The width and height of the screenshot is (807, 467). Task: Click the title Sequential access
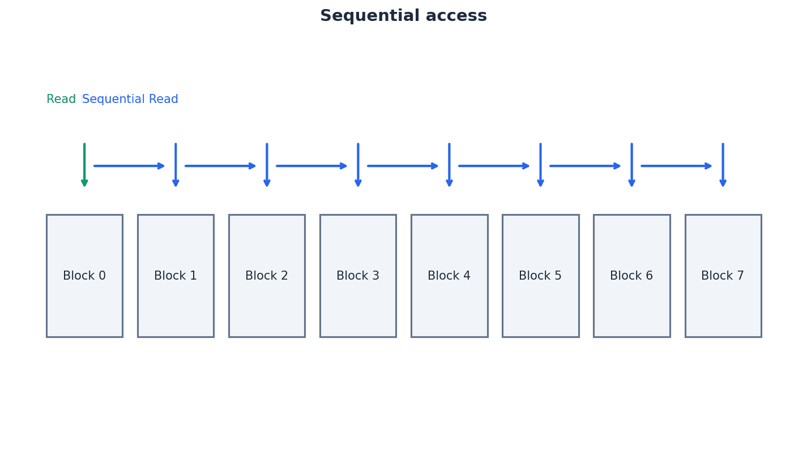(x=403, y=16)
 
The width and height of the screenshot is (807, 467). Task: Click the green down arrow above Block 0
(x=84, y=165)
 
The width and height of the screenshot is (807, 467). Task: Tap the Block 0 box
(x=84, y=276)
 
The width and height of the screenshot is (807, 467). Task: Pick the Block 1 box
(x=176, y=276)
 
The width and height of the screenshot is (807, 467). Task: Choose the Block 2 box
(x=267, y=276)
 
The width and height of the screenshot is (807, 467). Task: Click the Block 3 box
(x=358, y=276)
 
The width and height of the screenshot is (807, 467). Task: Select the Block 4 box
(x=449, y=276)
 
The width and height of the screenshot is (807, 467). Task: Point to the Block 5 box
(x=540, y=276)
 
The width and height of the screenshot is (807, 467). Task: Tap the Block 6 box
(x=631, y=276)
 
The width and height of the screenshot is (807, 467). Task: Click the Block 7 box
(x=723, y=276)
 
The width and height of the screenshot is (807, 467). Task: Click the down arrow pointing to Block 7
(x=723, y=165)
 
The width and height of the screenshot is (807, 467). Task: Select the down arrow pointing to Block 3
(x=358, y=165)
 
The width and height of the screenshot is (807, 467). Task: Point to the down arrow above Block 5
(x=540, y=165)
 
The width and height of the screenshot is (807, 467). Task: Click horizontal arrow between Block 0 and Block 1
(x=129, y=166)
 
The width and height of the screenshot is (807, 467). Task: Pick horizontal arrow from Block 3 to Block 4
(x=403, y=166)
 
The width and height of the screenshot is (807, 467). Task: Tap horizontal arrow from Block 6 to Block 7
(x=676, y=166)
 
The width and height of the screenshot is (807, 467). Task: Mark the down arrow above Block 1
(x=176, y=165)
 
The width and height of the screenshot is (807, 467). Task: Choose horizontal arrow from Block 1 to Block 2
(x=220, y=166)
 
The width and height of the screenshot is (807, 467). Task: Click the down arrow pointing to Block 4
(x=449, y=165)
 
